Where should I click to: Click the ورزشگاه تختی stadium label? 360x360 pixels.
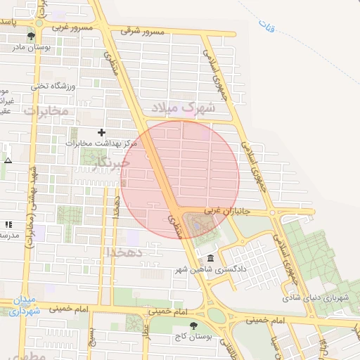(51, 86)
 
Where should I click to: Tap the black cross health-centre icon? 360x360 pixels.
(102, 132)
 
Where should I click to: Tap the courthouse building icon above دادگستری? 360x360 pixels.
(211, 259)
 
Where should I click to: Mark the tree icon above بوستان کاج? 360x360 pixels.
(194, 326)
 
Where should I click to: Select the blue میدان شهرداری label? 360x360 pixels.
(25, 305)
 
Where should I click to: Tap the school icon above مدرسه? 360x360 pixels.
(8, 224)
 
